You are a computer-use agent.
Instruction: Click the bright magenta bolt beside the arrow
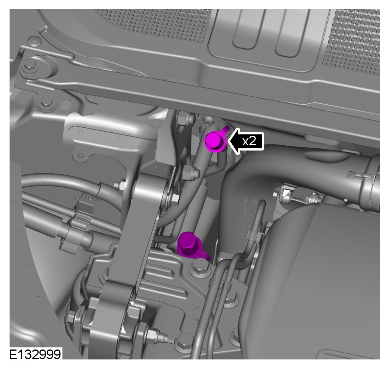[215, 141]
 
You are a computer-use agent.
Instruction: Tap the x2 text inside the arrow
[249, 141]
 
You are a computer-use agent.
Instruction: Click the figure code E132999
[35, 354]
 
